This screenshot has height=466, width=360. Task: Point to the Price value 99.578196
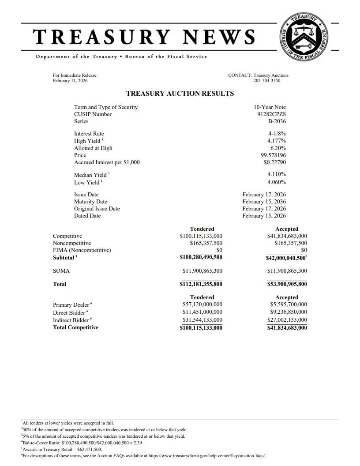click(273, 155)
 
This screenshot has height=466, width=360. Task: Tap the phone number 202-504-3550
click(266, 81)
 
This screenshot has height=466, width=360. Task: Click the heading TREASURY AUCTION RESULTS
click(180, 94)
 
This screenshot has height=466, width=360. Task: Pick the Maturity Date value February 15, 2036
click(264, 202)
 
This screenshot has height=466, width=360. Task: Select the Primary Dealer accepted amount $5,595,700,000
click(289, 304)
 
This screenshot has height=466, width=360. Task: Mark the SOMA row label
click(61, 271)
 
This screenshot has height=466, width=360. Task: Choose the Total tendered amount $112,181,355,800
click(201, 284)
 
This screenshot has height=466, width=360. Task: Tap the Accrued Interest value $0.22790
click(274, 162)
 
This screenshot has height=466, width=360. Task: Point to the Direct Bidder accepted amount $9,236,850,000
click(289, 312)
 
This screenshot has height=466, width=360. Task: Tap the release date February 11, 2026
click(70, 81)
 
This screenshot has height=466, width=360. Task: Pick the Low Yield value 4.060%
click(277, 182)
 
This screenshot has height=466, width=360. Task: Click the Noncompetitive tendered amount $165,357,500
click(206, 243)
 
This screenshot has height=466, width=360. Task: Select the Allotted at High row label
click(93, 148)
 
